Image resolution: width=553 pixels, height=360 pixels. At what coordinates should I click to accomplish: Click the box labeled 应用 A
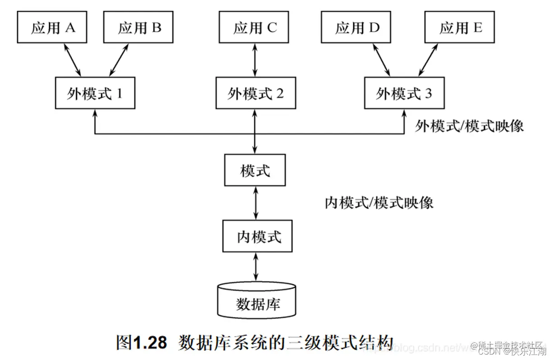[x=53, y=28]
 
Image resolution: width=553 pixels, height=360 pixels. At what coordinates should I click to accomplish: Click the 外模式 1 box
[x=95, y=93]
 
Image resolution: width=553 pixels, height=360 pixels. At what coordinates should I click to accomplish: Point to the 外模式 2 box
[x=255, y=93]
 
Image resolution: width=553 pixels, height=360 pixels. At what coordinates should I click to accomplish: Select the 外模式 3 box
[x=404, y=93]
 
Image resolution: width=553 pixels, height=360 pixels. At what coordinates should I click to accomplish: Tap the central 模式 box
[x=255, y=171]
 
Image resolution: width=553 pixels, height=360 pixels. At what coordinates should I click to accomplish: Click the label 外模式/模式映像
[x=469, y=126]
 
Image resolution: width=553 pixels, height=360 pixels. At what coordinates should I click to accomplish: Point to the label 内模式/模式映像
[x=379, y=202]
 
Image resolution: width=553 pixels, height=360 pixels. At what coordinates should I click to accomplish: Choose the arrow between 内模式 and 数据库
[x=257, y=267]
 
